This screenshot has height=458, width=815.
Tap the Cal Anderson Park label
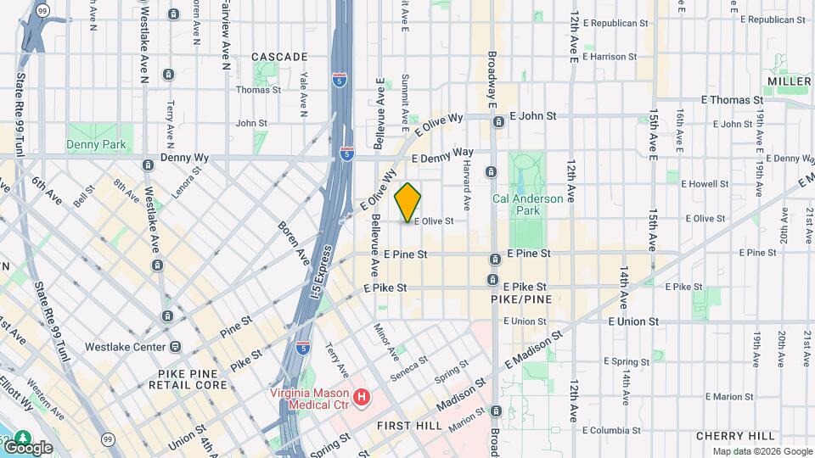point(527,204)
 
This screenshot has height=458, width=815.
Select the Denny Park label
point(96,145)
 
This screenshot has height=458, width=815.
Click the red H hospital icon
point(363,396)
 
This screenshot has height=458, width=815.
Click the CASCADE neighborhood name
point(279,57)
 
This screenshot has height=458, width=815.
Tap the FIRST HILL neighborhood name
point(409,425)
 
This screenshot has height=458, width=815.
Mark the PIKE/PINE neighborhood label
point(521,300)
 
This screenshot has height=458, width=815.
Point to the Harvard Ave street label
point(467,187)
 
